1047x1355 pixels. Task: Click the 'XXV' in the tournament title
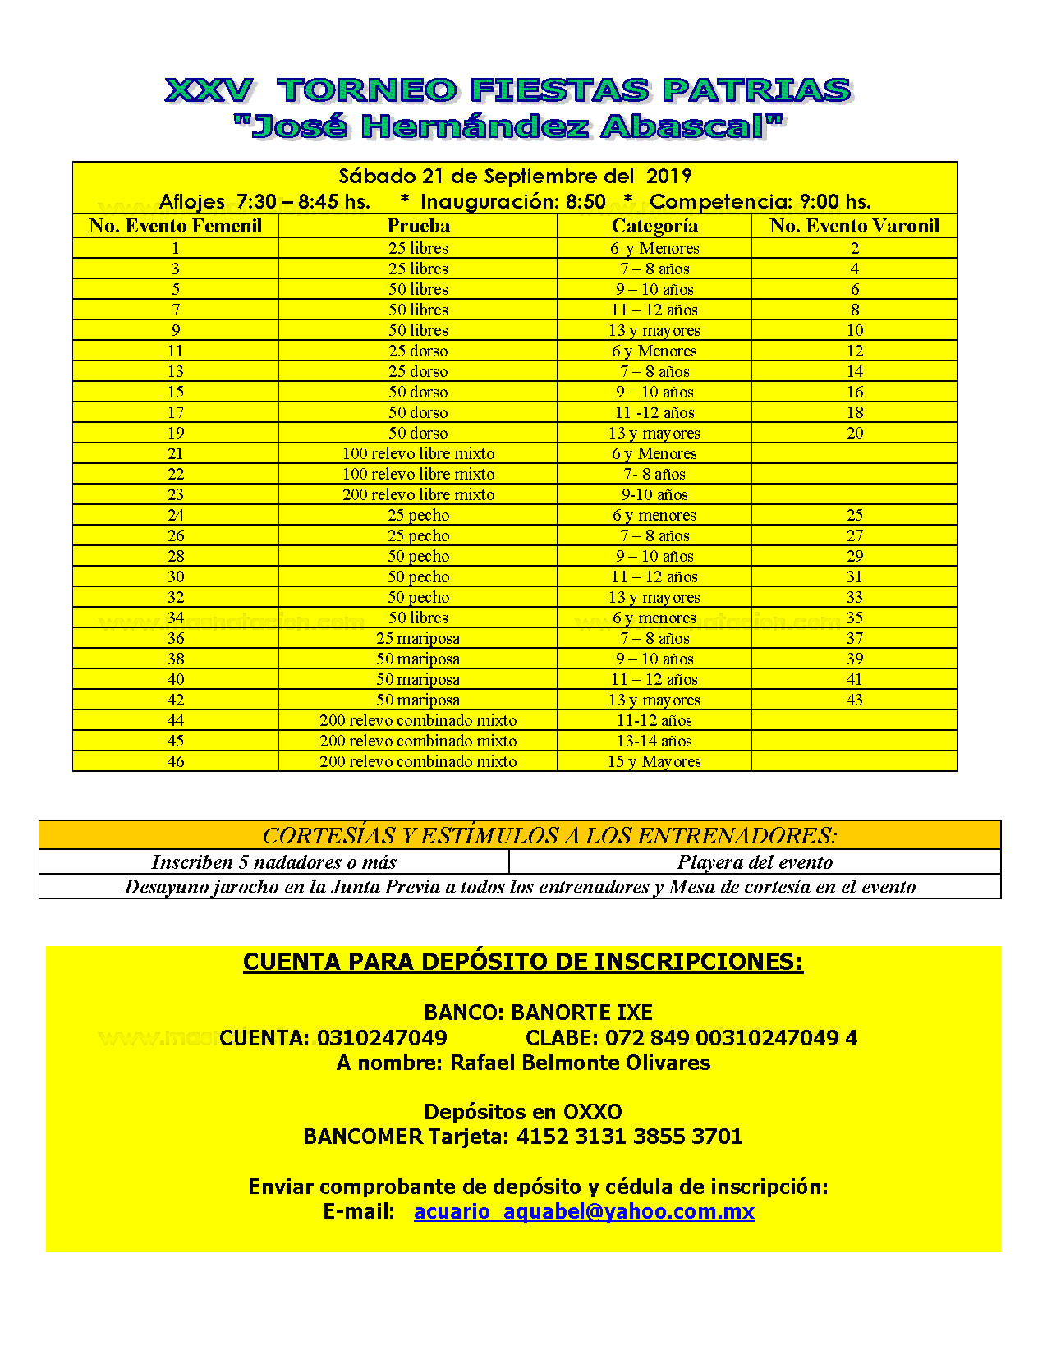209,90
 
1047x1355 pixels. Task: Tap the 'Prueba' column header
418,226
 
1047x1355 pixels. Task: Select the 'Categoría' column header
654,226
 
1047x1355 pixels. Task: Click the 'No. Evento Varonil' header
854,226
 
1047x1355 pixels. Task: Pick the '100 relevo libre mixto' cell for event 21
418,453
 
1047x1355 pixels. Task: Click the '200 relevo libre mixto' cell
418,494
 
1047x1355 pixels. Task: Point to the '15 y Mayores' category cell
654,761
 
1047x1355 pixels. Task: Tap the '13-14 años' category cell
654,741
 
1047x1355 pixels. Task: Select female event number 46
176,761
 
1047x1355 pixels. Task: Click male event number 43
854,700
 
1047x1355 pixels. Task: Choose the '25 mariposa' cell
418,638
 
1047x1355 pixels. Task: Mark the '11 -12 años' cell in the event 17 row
654,412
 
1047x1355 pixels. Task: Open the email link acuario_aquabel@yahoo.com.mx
584,1211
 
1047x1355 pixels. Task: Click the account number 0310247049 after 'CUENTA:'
382,1038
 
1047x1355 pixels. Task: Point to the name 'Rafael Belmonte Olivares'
580,1063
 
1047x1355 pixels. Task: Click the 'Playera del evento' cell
755,862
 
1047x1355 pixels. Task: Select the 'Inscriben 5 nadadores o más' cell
273,862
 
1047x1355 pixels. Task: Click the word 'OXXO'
592,1112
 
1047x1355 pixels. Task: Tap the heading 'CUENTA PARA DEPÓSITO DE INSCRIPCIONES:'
523,962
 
